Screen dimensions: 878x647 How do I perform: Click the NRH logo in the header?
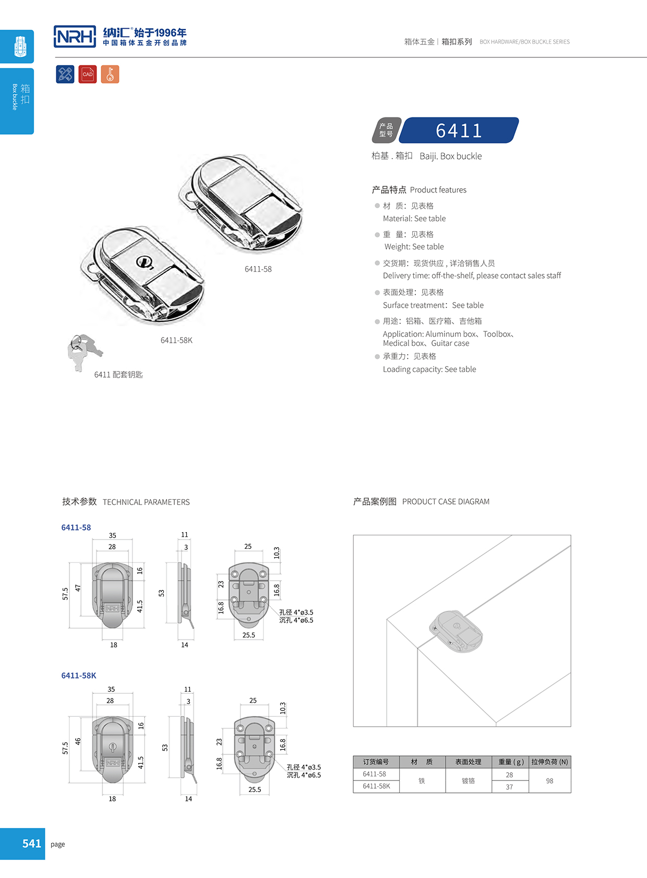tap(75, 37)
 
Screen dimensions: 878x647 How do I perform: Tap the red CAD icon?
tap(88, 74)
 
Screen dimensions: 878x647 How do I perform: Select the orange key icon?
tap(110, 74)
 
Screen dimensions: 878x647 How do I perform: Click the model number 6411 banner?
tap(459, 130)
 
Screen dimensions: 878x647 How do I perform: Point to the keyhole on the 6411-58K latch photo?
tap(143, 262)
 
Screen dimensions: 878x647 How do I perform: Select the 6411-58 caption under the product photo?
tap(258, 269)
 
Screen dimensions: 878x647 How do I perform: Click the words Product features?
tap(438, 190)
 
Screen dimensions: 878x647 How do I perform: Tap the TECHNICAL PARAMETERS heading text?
tap(146, 502)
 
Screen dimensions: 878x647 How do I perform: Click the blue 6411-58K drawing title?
tap(79, 676)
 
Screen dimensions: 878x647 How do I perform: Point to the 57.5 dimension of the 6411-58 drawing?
tap(65, 594)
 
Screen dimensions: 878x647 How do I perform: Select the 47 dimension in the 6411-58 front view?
tap(78, 588)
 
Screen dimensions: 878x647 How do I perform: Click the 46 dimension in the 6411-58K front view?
tap(78, 741)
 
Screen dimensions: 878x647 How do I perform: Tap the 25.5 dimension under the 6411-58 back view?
tap(249, 635)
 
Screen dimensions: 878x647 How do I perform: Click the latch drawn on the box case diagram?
tap(457, 631)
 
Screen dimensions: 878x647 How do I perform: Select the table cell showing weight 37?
tap(509, 787)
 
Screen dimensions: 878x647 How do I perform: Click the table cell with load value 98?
tap(549, 781)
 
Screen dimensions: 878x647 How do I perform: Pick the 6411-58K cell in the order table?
tap(376, 786)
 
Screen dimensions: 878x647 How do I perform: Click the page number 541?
tap(31, 844)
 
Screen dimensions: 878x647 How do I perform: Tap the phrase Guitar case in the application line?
tap(450, 343)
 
